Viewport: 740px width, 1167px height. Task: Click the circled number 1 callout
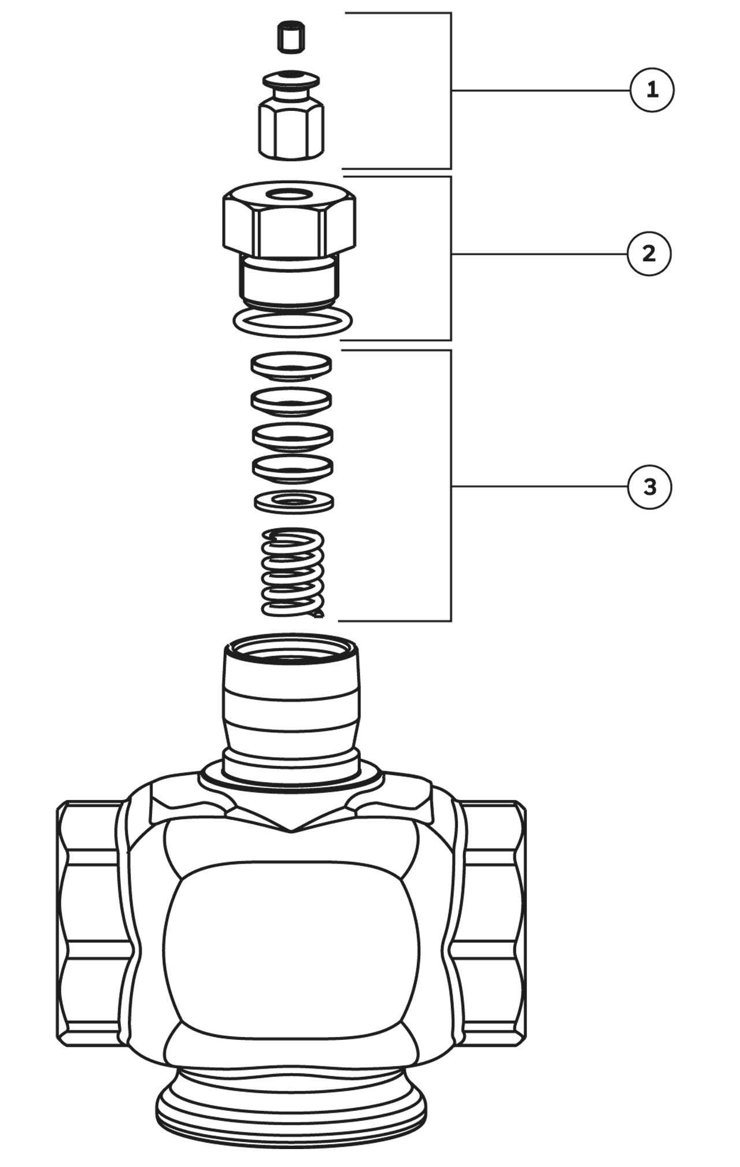[652, 90]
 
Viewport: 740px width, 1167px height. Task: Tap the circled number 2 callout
[649, 254]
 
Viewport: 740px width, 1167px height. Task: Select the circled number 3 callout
[650, 487]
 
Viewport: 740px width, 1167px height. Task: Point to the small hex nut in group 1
[291, 128]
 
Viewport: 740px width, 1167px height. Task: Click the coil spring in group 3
[292, 572]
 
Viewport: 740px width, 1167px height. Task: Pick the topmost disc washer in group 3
[291, 366]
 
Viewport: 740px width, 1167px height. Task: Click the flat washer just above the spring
[294, 501]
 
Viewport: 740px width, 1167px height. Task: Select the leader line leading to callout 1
[541, 90]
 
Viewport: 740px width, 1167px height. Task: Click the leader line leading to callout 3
[539, 487]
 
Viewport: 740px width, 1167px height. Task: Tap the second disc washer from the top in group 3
[291, 399]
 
